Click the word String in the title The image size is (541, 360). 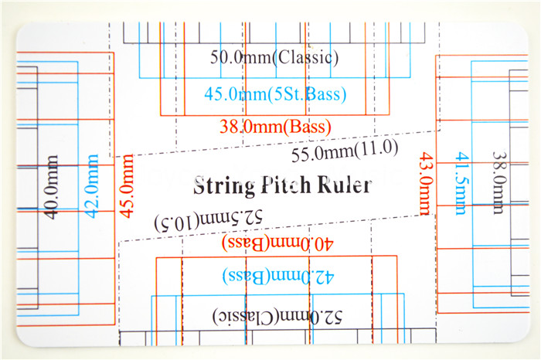point(223,186)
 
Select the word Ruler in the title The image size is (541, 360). point(345,185)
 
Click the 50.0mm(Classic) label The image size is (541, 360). point(274,58)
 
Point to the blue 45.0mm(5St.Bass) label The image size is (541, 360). point(275,93)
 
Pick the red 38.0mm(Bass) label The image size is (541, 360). point(275,127)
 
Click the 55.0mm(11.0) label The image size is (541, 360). point(345,151)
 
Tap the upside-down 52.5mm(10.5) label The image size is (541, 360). point(209,221)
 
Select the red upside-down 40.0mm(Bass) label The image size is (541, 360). point(277,243)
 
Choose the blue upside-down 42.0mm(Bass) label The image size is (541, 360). point(278,277)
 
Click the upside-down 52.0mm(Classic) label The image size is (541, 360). point(277,317)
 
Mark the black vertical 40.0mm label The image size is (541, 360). point(52,187)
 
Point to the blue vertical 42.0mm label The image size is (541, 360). point(92,186)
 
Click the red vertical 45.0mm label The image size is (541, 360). point(126,186)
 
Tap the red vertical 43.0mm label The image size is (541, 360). point(425,184)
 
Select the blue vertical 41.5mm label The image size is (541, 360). point(462,184)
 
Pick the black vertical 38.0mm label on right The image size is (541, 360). point(499,183)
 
